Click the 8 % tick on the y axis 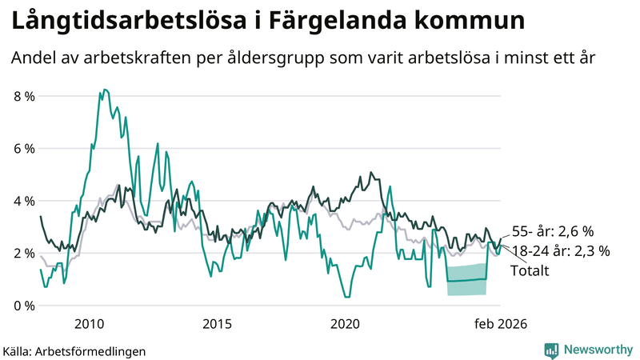[24, 96]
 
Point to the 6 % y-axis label [24, 149]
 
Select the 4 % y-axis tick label [24, 201]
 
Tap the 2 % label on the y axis [24, 253]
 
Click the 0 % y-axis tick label [24, 306]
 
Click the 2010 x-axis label [89, 324]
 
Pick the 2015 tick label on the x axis [217, 324]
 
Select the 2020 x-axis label [346, 324]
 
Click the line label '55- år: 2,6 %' [552, 231]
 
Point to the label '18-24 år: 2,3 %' [560, 250]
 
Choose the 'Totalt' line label [530, 270]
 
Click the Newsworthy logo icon [551, 350]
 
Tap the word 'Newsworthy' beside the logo [598, 350]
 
